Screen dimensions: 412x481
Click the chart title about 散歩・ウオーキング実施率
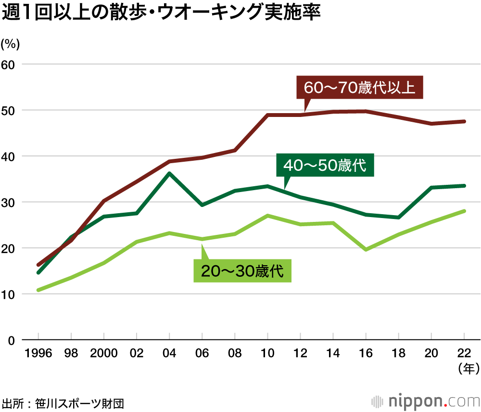(x=161, y=13)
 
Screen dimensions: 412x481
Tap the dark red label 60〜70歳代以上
(x=359, y=88)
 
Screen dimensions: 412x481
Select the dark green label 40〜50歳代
(x=325, y=166)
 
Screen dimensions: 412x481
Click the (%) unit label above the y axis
(x=11, y=44)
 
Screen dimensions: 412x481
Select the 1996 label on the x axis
(x=38, y=354)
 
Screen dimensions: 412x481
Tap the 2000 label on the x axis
(x=104, y=354)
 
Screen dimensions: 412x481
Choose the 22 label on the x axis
(x=464, y=354)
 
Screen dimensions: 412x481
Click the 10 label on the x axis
(x=267, y=354)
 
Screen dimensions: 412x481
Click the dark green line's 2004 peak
(x=170, y=173)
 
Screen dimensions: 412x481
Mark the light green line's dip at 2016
(x=366, y=250)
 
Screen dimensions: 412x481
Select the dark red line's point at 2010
(x=267, y=115)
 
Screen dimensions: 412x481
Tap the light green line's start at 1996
(x=38, y=290)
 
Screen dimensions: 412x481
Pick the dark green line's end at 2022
(x=464, y=185)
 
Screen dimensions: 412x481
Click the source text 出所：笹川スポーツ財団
(x=63, y=402)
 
